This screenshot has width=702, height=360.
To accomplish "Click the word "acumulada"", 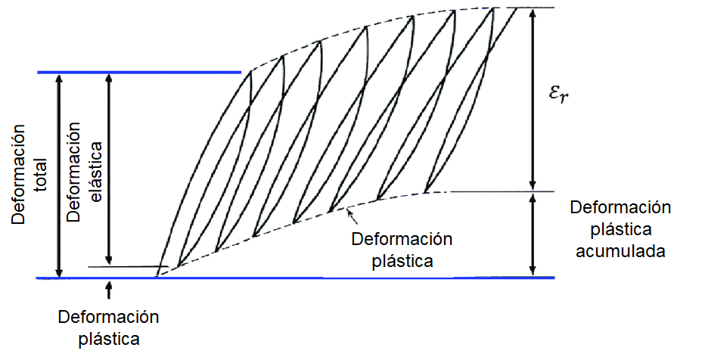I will point(620,251).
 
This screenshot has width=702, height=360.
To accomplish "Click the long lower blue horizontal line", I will point(303,278).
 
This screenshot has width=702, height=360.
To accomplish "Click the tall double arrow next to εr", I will point(534,98).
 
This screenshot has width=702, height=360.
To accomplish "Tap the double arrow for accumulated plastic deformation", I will point(534,234).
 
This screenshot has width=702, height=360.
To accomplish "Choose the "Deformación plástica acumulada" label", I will point(620,229).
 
